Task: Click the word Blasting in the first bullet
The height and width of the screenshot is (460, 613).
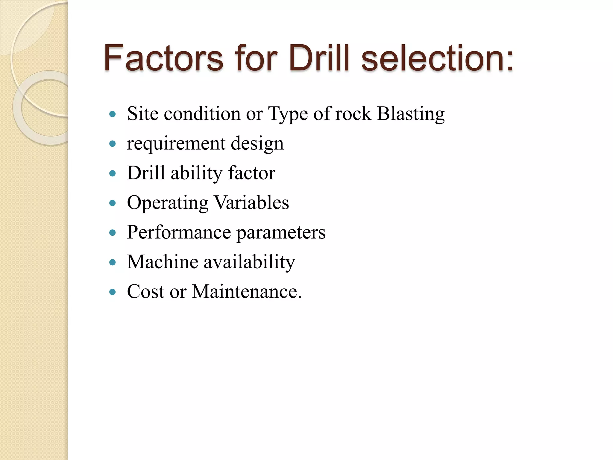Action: coord(411,114)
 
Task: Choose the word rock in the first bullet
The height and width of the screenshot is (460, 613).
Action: coord(353,114)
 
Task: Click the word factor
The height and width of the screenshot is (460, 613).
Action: coord(252,173)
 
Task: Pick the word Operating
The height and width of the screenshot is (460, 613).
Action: coord(168,203)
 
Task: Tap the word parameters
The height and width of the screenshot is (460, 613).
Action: coord(281,233)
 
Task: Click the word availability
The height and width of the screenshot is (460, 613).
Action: coord(249,262)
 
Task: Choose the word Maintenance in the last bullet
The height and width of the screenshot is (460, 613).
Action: coord(247,291)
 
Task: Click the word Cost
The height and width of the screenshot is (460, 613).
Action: coord(146,291)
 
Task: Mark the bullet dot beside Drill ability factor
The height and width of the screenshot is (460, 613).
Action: coord(113,173)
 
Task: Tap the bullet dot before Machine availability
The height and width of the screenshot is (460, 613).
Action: coord(113,263)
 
